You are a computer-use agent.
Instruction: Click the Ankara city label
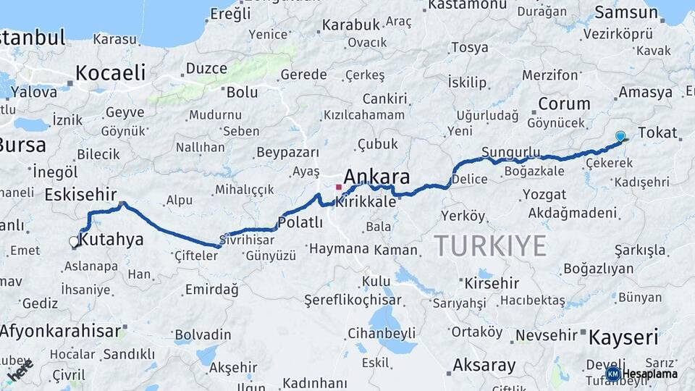pos(376,177)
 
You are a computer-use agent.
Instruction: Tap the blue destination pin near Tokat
pos(620,135)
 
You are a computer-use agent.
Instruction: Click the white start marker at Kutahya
pos(74,242)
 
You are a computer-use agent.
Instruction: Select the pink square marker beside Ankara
pos(338,187)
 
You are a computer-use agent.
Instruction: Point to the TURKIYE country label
pos(490,246)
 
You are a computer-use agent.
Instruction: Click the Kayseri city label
pos(623,337)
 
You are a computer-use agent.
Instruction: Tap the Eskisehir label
pos(80,195)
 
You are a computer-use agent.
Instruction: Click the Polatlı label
pos(300,222)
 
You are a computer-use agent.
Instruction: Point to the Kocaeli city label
pos(110,72)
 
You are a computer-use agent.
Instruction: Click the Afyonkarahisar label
pos(60,332)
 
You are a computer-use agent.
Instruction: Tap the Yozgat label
pos(544,194)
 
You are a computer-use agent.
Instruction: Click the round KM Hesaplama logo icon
pos(613,374)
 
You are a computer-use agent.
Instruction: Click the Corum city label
pos(564,104)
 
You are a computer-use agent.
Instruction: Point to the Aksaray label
pos(484,364)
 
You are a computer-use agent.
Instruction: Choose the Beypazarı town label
pos(287,153)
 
